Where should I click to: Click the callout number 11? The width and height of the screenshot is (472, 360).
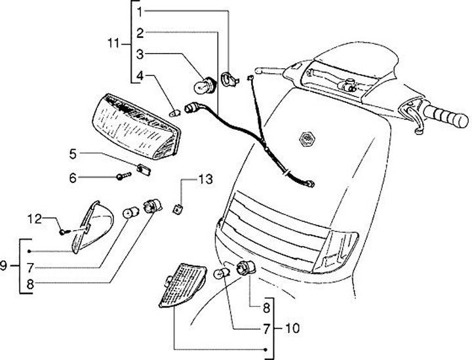click(x=114, y=44)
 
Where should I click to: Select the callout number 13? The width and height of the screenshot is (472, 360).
click(x=206, y=180)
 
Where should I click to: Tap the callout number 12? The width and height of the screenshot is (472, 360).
click(x=35, y=219)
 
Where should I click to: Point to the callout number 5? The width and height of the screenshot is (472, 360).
click(x=73, y=154)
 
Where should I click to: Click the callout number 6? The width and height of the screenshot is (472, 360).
click(x=73, y=178)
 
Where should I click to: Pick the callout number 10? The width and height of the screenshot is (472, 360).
click(x=292, y=328)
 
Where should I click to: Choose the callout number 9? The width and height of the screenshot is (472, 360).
click(x=3, y=266)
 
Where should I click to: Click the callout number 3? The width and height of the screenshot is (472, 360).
click(x=140, y=55)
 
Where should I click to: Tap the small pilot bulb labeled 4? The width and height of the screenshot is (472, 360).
click(x=175, y=113)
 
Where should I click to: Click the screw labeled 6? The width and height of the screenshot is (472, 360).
click(x=123, y=176)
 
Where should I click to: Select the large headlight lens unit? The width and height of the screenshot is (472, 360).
click(x=136, y=127)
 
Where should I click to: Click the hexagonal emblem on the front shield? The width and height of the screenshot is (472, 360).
click(x=306, y=139)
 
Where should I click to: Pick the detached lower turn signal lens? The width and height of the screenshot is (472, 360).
click(x=183, y=285)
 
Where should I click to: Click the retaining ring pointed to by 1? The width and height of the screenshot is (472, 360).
click(x=229, y=79)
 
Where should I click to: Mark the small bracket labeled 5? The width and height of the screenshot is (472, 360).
click(x=144, y=169)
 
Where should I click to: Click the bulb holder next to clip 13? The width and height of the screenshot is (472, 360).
click(x=153, y=206)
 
